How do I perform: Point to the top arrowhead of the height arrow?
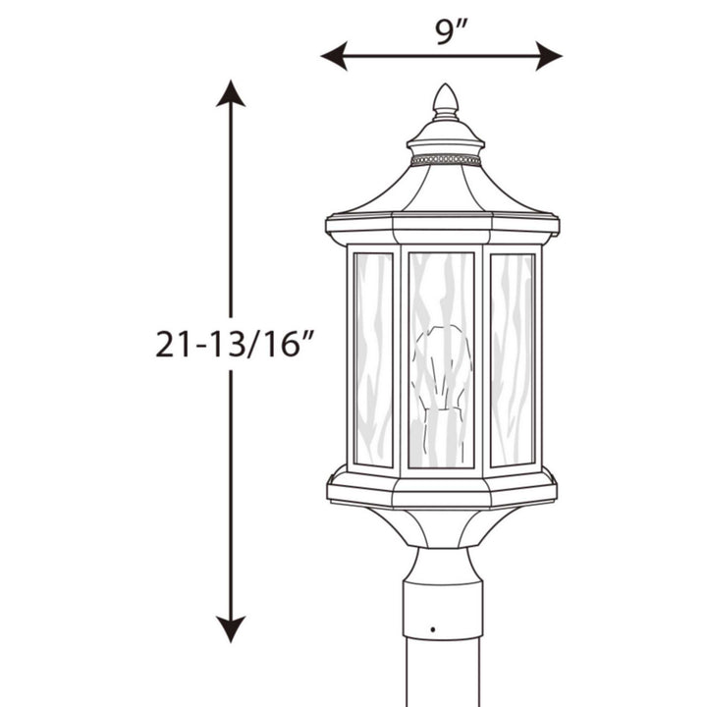pos(231,94)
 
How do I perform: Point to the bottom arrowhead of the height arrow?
pos(231,628)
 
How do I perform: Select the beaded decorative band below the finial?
pos(446,159)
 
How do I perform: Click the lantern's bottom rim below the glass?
pos(441,488)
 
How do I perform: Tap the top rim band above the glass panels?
pos(441,228)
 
